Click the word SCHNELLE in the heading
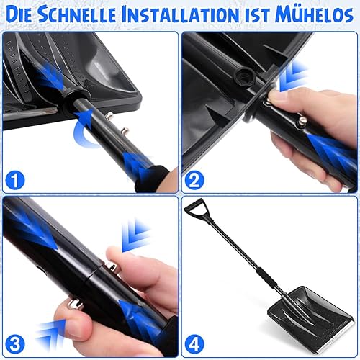point(77,15)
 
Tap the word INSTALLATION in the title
point(180,15)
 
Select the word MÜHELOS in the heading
point(315,14)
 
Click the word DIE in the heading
point(20,15)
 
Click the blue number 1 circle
point(15,180)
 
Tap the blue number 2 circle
point(194,181)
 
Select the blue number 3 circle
point(15,345)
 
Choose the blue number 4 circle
point(194,345)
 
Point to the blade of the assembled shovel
point(311,318)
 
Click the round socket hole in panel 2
point(244,76)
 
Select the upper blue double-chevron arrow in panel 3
point(135,236)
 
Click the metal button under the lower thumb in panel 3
point(75,305)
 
